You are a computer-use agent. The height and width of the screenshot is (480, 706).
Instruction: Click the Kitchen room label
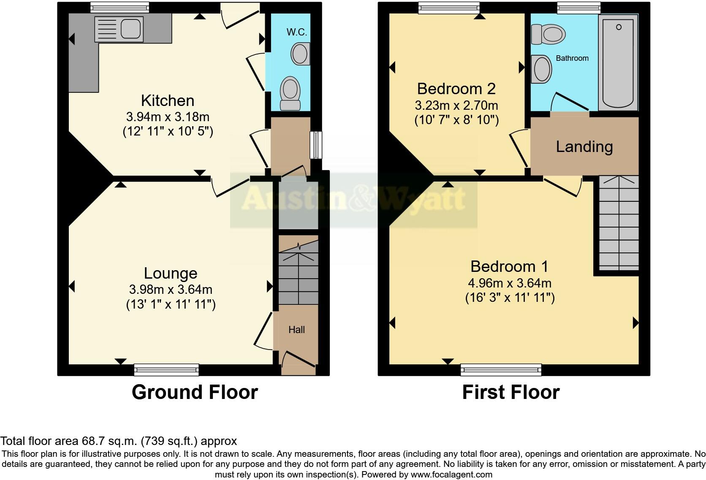click(x=168, y=101)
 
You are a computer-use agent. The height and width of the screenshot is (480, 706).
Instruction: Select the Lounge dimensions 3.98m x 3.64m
click(x=171, y=290)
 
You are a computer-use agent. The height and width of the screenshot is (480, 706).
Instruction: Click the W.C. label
click(x=296, y=33)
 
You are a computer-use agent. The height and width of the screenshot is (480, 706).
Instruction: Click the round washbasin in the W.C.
click(x=300, y=54)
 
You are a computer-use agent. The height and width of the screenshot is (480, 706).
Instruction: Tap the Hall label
click(x=296, y=330)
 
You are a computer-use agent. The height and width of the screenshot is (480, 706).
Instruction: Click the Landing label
click(x=584, y=146)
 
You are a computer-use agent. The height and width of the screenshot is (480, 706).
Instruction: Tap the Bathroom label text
click(x=572, y=58)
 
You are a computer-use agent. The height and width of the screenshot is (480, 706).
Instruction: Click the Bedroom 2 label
click(x=456, y=89)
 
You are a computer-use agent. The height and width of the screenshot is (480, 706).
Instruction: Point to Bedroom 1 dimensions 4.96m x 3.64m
click(x=509, y=283)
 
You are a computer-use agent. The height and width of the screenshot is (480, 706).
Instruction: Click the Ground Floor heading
click(x=195, y=392)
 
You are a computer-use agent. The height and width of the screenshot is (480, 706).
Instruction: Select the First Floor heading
click(x=510, y=392)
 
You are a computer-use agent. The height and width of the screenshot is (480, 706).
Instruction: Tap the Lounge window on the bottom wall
click(x=166, y=370)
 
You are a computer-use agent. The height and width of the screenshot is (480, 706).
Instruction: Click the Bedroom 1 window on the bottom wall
click(x=501, y=370)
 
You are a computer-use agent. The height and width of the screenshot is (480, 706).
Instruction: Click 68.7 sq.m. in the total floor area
click(x=109, y=441)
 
